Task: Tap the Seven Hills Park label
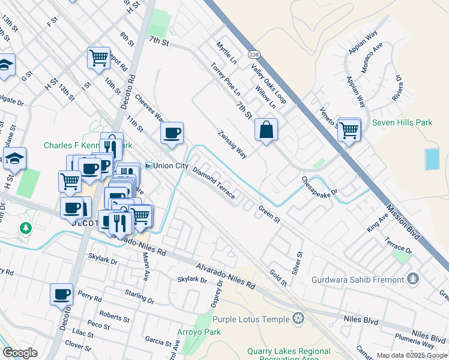tap(402, 122)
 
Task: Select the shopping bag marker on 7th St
tap(265, 130)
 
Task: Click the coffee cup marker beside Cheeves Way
tap(172, 133)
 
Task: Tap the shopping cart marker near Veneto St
tap(348, 129)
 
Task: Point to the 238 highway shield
tap(253, 53)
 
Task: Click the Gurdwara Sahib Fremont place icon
tap(412, 278)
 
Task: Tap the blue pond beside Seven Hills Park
tap(432, 158)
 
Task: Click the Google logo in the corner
tap(20, 353)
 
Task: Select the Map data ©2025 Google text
tap(411, 355)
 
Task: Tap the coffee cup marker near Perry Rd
tap(61, 295)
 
